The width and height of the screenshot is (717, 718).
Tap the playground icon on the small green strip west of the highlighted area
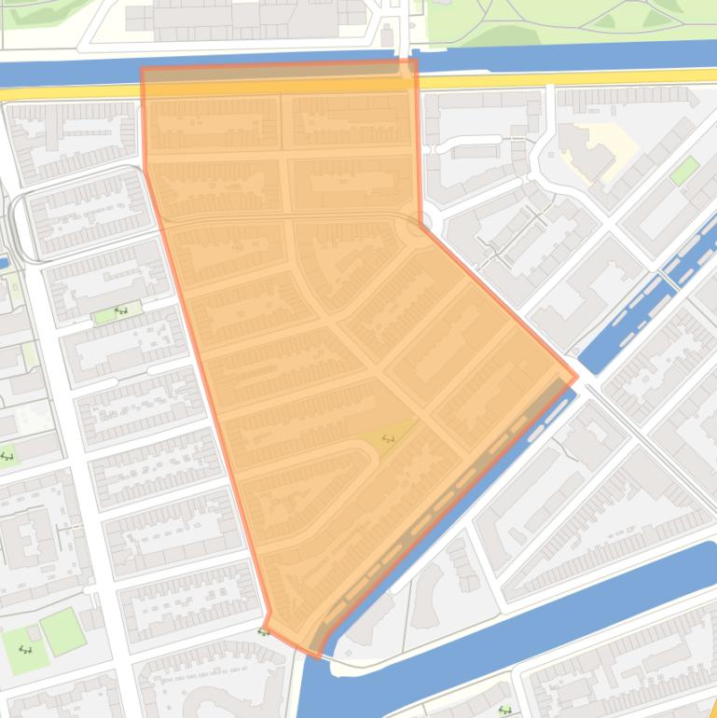119,311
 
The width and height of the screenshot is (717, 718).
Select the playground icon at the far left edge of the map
7,456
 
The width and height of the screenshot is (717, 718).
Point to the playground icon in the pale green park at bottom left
24,650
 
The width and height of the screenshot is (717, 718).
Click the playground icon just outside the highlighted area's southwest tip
263,633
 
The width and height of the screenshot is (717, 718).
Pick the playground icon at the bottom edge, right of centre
505,711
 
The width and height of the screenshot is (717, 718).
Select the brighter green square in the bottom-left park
62,632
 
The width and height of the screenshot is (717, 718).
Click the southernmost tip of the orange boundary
320,656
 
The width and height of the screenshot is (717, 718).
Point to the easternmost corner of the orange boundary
576,377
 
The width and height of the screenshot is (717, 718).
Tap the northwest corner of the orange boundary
143,69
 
